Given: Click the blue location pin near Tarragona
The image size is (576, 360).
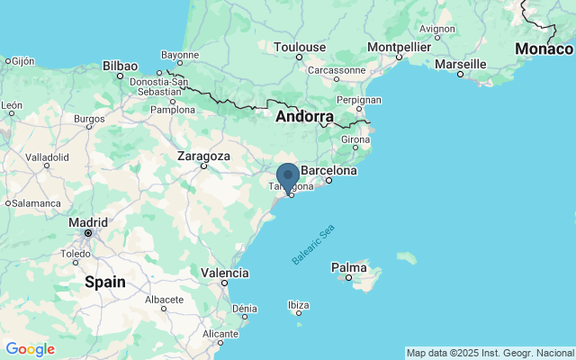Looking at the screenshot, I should coord(288,177).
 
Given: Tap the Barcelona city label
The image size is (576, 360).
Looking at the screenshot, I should coord(328,170).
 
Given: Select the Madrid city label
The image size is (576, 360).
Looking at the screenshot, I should coord(87,222).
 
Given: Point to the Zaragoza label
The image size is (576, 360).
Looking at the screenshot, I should coord(203,156).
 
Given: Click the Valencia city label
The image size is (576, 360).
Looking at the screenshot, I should coord(225,273).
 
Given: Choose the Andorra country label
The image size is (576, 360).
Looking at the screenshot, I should coord(304,117).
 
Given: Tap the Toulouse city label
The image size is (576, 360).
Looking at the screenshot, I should coord(300,47).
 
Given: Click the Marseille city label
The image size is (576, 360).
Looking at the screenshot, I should coord(460,64).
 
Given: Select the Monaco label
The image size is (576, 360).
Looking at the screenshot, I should coord(543,49).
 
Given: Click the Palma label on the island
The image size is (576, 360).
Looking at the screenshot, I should coord(348,267).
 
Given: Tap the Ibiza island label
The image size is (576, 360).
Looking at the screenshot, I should coord(298,305).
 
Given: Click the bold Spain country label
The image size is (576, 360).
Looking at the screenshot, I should coord(104,282).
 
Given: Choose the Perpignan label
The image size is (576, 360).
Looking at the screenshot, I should coord(359,100).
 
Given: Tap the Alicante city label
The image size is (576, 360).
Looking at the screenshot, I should coord(220,333).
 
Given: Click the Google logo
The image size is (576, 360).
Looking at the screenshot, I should coord(30,349).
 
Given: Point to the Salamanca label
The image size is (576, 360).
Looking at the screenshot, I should coord(37,203).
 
